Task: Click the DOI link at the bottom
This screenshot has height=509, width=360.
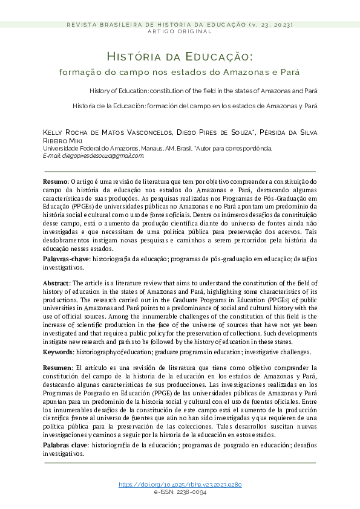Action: pos(180,485)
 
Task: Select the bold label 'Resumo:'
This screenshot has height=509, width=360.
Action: pos(56,181)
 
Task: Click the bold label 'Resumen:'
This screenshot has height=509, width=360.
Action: pos(57,368)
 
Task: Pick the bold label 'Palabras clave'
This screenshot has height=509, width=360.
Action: pos(65,445)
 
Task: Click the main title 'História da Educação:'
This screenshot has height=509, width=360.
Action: pos(180,57)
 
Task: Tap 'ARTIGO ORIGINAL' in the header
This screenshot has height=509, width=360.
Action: pos(180,31)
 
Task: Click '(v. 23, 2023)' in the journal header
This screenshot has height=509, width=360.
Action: pos(270,24)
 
